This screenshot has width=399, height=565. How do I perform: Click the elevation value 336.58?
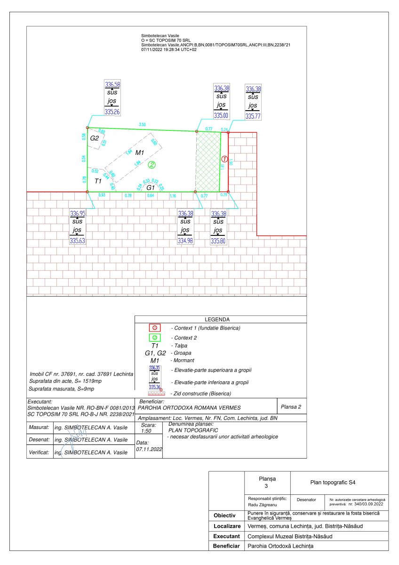[112, 85]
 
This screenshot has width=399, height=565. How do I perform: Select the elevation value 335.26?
[112, 112]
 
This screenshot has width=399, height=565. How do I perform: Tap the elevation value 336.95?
[78, 213]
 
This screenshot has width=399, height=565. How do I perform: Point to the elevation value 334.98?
[186, 241]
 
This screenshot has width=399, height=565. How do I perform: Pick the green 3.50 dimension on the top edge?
[142, 124]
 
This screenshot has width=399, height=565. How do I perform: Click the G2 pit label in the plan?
[95, 138]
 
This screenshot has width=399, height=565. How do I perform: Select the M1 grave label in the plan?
[140, 153]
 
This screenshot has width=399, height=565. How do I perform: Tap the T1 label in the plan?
[98, 181]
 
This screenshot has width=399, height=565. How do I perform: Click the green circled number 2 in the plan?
[152, 164]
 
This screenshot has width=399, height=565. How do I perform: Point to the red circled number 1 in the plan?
[224, 159]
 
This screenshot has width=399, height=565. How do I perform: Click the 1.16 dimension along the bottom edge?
[173, 195]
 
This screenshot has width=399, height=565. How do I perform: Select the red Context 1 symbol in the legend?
[155, 328]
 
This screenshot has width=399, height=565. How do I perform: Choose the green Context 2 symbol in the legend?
[155, 338]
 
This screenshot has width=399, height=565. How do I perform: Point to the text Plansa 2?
[291, 406]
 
